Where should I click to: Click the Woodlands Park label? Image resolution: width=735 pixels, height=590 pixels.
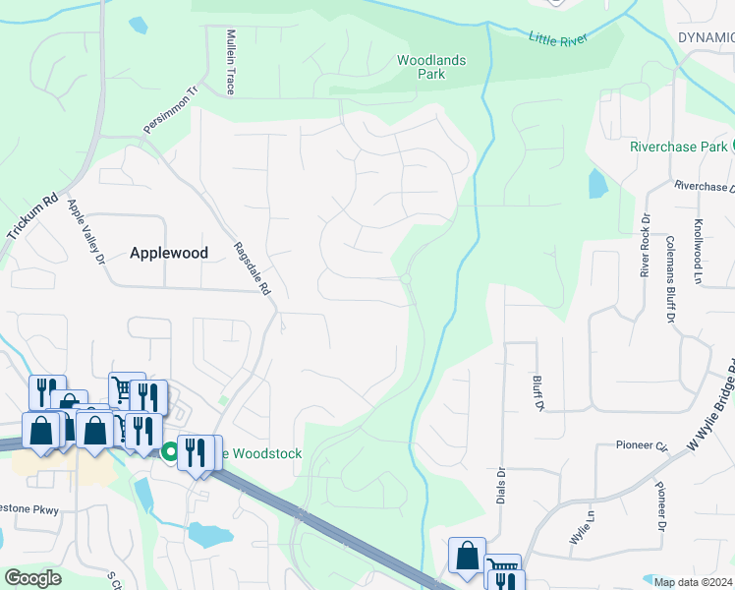(x=430, y=67)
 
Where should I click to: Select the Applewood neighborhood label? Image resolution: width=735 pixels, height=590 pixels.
(x=169, y=253)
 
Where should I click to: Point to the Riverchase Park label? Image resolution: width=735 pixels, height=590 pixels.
(x=677, y=147)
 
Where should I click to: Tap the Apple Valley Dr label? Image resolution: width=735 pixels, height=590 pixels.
(x=85, y=232)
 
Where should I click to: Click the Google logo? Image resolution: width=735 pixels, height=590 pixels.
(x=32, y=578)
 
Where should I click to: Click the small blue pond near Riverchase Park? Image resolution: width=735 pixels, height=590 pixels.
(x=596, y=184)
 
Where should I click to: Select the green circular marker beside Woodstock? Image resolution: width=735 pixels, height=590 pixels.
(x=169, y=452)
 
